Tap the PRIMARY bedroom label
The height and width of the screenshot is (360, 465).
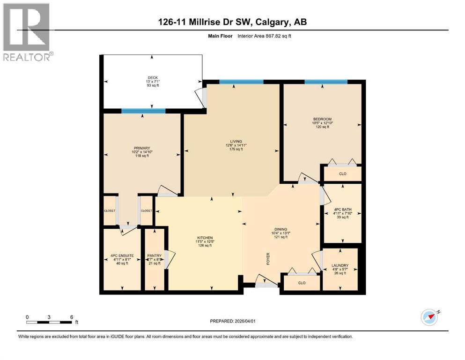(x=142, y=148)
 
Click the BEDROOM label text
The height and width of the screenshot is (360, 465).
(x=322, y=119)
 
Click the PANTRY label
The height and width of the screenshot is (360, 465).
(x=155, y=255)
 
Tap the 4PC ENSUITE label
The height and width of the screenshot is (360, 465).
(x=122, y=255)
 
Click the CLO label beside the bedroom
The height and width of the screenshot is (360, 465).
(x=343, y=173)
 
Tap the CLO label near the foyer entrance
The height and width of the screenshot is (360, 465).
(x=302, y=283)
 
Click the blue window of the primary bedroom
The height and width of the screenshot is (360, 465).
(x=143, y=111)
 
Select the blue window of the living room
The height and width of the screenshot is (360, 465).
(x=241, y=82)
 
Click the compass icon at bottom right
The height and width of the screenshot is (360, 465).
(x=429, y=317)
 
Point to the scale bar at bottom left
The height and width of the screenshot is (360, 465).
(x=49, y=322)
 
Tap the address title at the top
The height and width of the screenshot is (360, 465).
(x=232, y=22)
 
